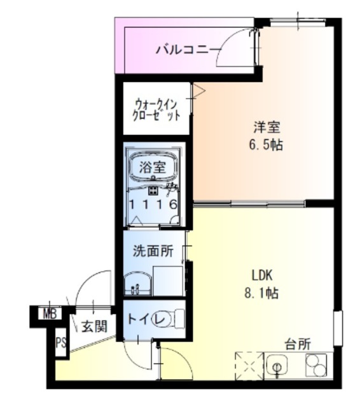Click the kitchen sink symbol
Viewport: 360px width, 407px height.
(x=277, y=366)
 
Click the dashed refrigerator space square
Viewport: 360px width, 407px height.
(x=249, y=366)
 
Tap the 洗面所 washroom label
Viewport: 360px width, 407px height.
(x=153, y=251)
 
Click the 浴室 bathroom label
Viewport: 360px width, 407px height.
(x=153, y=169)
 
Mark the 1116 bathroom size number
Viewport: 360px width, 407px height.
(x=153, y=205)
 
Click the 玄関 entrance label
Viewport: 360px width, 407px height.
(x=93, y=326)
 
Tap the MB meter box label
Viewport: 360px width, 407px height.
(x=50, y=313)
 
